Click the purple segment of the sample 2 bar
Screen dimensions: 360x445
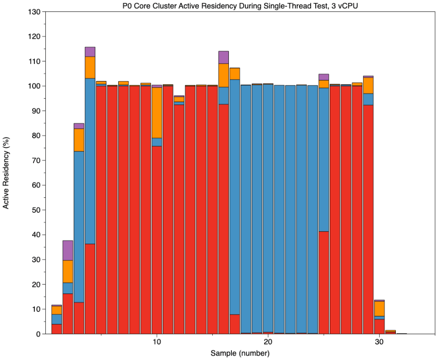[67, 250]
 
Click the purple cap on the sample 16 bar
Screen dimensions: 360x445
[224, 57]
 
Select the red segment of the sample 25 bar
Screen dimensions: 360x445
[324, 282]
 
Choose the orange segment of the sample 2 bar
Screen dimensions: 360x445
[67, 271]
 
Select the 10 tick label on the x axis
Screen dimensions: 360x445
[157, 342]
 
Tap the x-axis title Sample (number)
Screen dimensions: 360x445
[240, 353]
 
